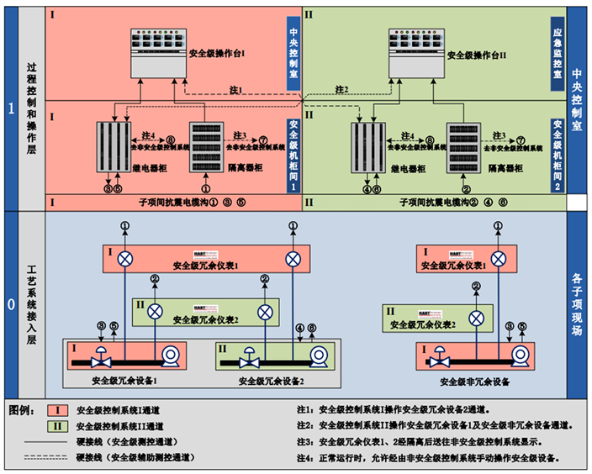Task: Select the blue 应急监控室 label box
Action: click(x=558, y=55)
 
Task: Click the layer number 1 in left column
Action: click(x=11, y=108)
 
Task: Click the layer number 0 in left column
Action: click(x=11, y=304)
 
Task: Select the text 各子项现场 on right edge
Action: click(x=577, y=303)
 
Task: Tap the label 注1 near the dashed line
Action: click(x=235, y=90)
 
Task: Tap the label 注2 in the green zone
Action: click(x=341, y=90)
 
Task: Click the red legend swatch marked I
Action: click(x=57, y=410)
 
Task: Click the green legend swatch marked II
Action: click(x=57, y=426)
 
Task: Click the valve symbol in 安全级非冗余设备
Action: click(x=436, y=360)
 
